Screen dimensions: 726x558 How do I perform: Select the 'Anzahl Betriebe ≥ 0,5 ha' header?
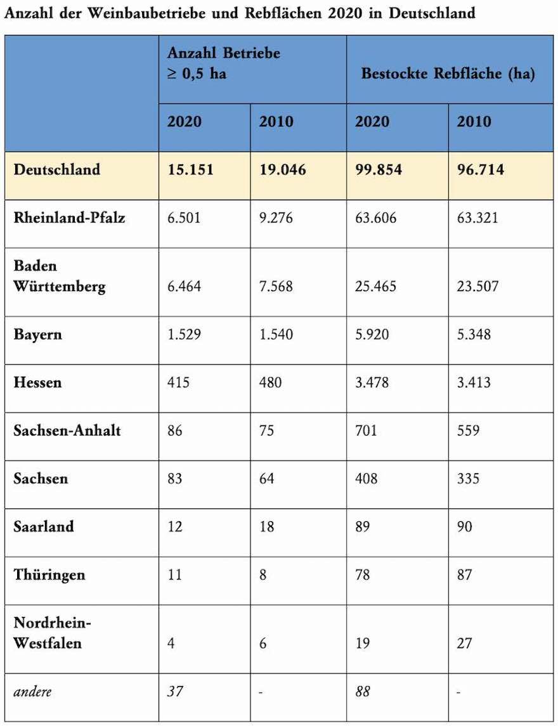224,63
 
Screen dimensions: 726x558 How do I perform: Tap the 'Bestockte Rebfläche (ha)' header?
448,73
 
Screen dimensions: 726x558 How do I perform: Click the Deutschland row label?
57,170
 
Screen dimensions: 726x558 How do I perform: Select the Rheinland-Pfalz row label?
69,217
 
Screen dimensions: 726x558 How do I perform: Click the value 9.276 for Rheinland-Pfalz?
276,218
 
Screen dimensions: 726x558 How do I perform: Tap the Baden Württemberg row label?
60,276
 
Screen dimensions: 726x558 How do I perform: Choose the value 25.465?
376,287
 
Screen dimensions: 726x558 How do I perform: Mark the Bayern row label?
38,334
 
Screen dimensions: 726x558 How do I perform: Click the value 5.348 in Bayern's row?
474,334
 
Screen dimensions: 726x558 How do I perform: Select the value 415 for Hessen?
178,382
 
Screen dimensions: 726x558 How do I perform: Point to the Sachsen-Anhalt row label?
67,431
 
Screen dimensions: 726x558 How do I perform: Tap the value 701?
366,431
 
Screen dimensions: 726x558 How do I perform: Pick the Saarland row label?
44,526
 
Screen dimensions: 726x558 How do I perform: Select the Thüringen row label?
49,575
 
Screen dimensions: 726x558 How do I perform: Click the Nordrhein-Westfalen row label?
53,633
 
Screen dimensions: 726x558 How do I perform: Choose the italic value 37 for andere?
175,691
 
